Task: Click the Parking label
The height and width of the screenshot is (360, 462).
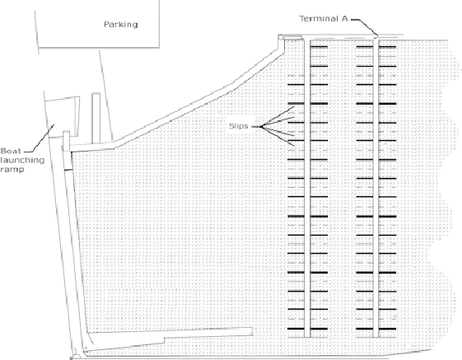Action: (x=121, y=25)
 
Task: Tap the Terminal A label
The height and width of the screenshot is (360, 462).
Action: (x=324, y=19)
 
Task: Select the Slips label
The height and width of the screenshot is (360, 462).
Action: (x=238, y=126)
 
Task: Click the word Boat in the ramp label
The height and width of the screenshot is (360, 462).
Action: (x=11, y=151)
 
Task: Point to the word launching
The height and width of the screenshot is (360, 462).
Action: (x=22, y=161)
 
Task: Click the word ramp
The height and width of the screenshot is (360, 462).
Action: (x=12, y=170)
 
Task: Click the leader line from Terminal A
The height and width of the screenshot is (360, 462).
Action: (x=364, y=27)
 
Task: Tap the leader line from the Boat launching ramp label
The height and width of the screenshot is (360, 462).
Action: (x=40, y=138)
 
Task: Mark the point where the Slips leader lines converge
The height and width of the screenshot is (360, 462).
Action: (x=261, y=127)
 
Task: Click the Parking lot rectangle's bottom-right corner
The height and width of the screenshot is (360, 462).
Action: (x=160, y=47)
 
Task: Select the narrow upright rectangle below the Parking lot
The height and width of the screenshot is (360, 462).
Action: (x=96, y=119)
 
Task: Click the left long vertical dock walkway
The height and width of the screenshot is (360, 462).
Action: (x=308, y=188)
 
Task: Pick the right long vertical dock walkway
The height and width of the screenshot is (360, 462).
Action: (x=376, y=188)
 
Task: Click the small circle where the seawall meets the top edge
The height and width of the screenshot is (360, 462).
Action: (x=280, y=37)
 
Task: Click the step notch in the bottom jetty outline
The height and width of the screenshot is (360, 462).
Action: (x=165, y=340)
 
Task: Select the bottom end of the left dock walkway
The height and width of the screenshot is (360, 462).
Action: (x=308, y=337)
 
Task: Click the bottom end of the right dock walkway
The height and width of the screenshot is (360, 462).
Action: (x=376, y=337)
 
